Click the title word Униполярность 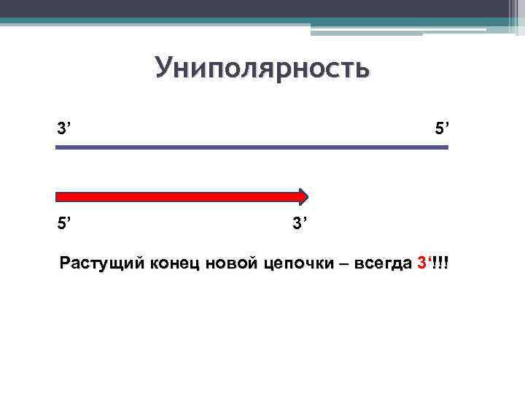(x=262, y=69)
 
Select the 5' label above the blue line (x=442, y=129)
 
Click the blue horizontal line (x=252, y=147)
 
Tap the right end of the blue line (x=446, y=147)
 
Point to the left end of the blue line (x=57, y=147)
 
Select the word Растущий (x=102, y=263)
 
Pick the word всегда (x=382, y=263)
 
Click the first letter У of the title (x=164, y=69)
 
